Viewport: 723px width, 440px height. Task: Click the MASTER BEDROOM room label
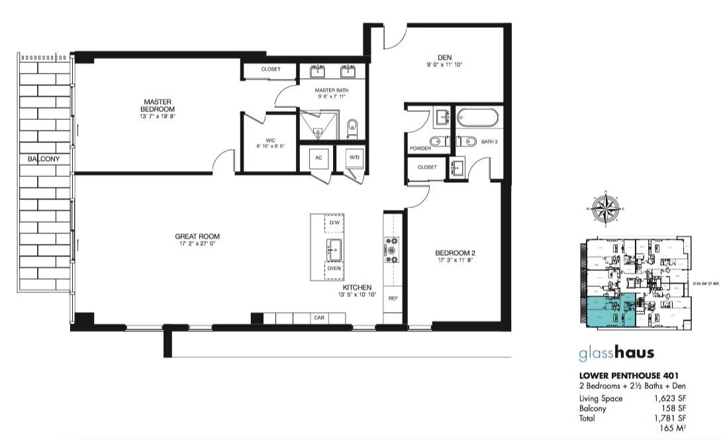point(158,105)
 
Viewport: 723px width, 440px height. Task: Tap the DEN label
point(444,57)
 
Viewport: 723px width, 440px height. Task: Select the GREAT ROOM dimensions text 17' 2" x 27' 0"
point(197,244)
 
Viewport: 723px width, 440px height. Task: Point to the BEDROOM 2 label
point(456,252)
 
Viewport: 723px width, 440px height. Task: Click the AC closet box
point(318,158)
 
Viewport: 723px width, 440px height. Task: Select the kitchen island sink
point(334,248)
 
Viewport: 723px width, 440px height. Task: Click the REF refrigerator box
point(393,299)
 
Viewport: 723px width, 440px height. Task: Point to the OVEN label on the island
point(334,269)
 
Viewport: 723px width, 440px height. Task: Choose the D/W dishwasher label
point(334,223)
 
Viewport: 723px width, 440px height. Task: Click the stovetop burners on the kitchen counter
point(391,250)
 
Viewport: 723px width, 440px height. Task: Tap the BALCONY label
point(44,160)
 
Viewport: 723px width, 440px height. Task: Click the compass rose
point(606,209)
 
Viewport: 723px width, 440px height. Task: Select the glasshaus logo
point(616,353)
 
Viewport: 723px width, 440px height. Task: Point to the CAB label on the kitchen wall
point(318,319)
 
